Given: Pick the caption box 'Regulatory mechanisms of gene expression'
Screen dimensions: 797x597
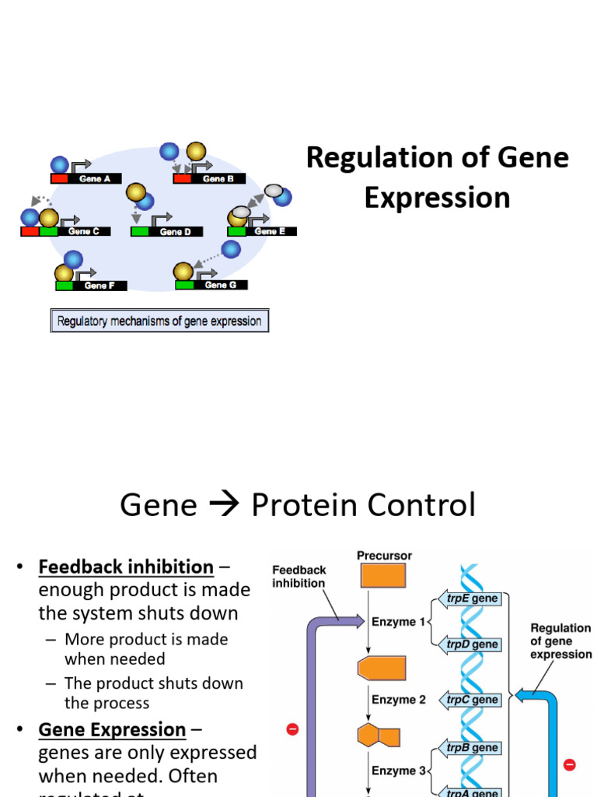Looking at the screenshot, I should coord(159,321).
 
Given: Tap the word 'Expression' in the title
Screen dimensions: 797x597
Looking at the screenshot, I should coord(437,198).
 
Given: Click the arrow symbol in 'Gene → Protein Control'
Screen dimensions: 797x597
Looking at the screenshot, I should coord(224,506).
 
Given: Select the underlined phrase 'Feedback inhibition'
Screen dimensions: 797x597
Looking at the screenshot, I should coord(126,567).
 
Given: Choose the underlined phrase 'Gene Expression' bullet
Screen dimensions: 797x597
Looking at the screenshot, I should coord(112,729).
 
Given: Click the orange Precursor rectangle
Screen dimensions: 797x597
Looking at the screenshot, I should coord(382,575).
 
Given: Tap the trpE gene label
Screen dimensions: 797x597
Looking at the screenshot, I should coord(473,599).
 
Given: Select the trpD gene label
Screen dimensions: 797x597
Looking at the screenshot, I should coord(473,644).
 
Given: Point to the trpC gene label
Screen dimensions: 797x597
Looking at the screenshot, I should coord(473,699).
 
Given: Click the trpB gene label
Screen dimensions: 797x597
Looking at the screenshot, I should coord(473,747).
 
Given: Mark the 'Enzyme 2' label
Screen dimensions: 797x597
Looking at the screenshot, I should coord(398,700).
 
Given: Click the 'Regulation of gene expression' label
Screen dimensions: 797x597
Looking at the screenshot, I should coord(560,641).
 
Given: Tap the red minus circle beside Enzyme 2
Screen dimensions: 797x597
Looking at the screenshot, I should coord(293,729).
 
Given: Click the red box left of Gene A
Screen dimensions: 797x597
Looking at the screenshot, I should coord(60,178).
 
